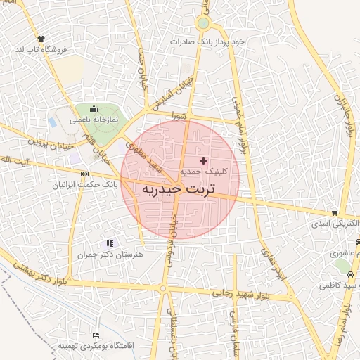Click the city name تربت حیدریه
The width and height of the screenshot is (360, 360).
tap(179, 190)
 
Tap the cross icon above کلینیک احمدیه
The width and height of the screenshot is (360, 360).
tap(204, 161)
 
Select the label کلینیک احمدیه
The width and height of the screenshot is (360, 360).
tap(204, 171)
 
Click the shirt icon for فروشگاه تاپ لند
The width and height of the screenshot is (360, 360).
tap(41, 40)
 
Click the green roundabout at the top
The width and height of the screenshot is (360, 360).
tap(203, 23)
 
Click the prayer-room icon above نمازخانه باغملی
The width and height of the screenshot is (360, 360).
tap(93, 108)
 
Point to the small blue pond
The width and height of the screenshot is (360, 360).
tap(53, 122)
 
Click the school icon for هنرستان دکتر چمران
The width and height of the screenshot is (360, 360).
tap(109, 243)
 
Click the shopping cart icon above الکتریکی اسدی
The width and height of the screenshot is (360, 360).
tap(335, 213)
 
